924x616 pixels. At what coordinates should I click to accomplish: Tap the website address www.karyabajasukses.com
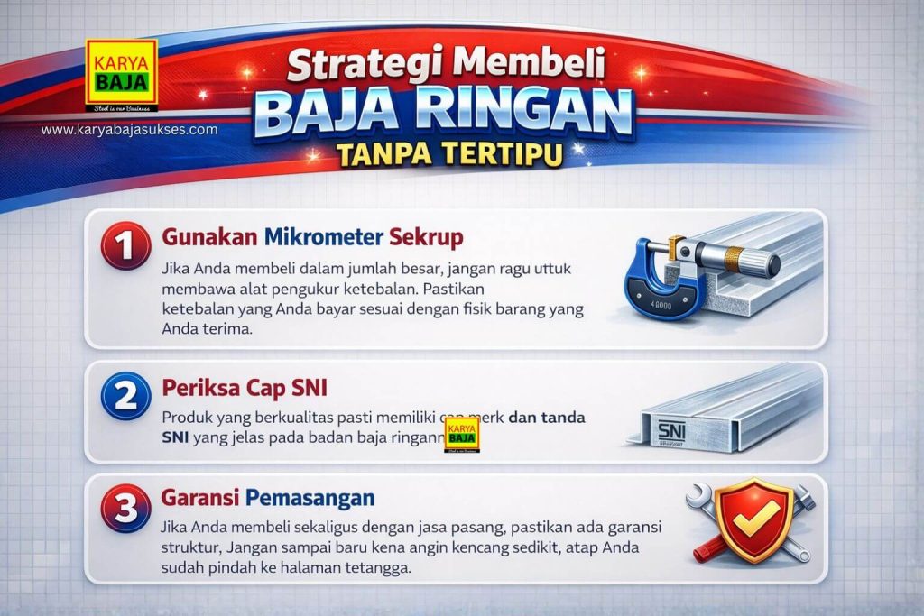click(129, 130)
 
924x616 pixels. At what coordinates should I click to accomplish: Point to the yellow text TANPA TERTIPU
click(449, 155)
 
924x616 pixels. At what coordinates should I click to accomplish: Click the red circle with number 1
click(125, 244)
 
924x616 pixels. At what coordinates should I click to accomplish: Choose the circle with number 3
click(125, 508)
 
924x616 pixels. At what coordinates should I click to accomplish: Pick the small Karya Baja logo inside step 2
click(461, 436)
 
